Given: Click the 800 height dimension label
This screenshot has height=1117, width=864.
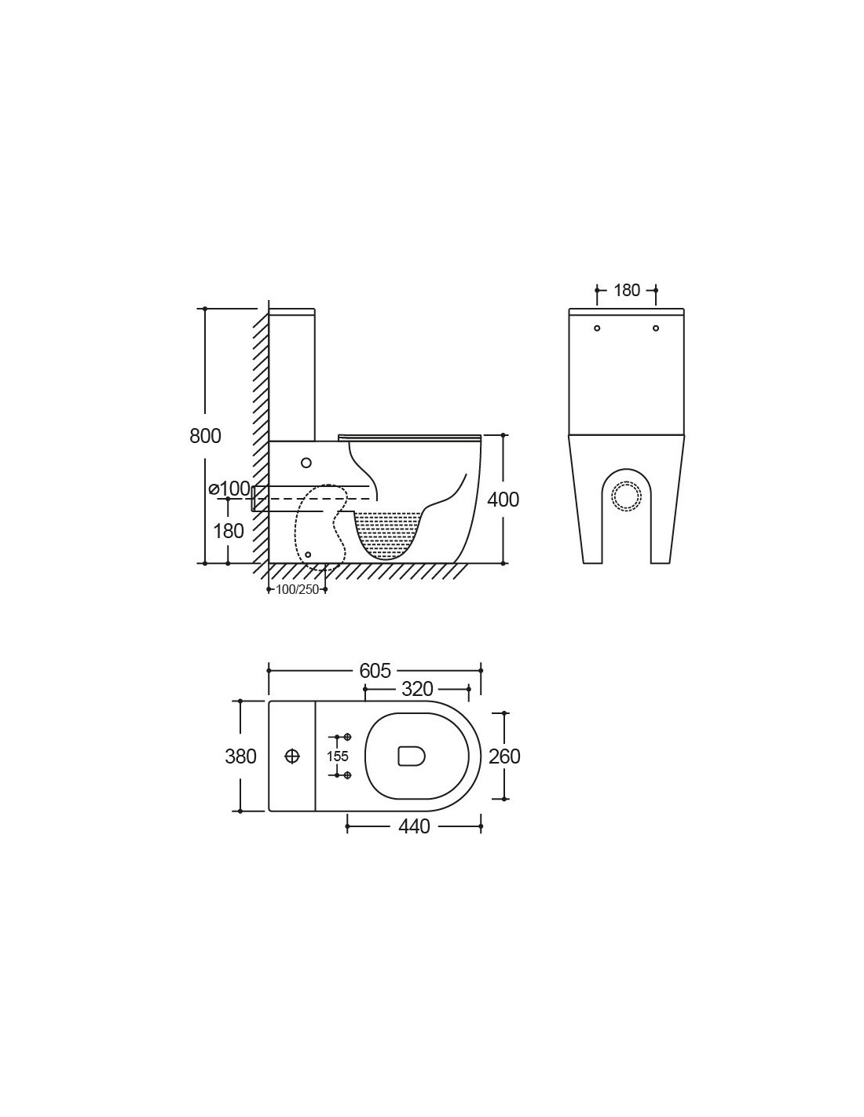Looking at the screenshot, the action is [x=205, y=435].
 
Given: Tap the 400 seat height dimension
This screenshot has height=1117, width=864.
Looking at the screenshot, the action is [x=503, y=499].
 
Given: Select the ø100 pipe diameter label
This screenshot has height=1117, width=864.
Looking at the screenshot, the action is [x=229, y=489].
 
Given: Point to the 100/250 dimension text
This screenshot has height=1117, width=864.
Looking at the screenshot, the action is [x=298, y=590].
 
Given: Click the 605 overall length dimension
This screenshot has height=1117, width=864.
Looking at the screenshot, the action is [x=375, y=670].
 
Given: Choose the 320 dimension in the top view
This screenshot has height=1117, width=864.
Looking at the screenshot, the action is [x=417, y=689].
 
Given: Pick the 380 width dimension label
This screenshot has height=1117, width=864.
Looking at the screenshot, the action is [x=240, y=756].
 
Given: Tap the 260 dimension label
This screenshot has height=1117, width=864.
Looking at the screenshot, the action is [x=505, y=756].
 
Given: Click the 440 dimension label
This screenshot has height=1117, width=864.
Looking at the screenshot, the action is [x=414, y=826].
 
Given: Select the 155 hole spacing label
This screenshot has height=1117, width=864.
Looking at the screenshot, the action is [x=338, y=756].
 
